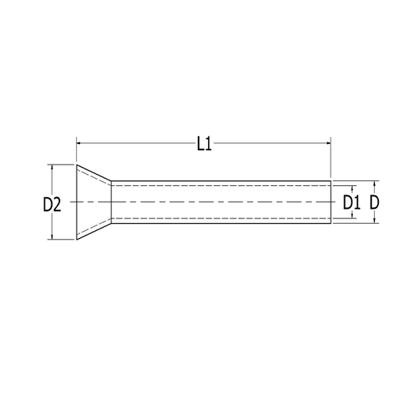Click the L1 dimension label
tap(204, 145)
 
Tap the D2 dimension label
tap(52, 205)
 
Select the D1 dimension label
tap(351, 202)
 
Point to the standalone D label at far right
tap(374, 202)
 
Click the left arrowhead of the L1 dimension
tap(78, 143)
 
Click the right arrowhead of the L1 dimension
tap(328, 143)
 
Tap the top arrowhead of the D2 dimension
tap(52, 167)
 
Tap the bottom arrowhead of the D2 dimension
tap(52, 237)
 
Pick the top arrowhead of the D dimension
tap(374, 184)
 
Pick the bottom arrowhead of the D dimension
tap(374, 221)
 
